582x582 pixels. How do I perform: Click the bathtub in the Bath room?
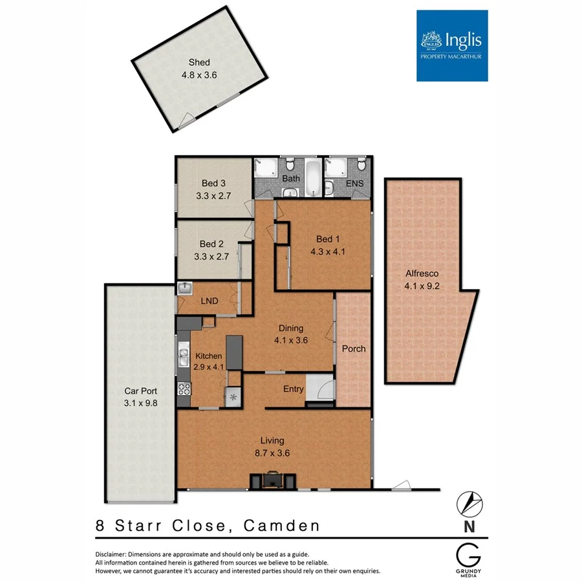click(312, 178)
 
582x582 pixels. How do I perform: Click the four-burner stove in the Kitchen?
click(183, 389)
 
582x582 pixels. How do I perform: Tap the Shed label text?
click(199, 63)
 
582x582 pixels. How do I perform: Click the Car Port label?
click(140, 391)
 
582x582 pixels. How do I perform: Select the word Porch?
click(354, 349)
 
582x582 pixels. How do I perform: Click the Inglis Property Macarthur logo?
click(451, 45)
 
